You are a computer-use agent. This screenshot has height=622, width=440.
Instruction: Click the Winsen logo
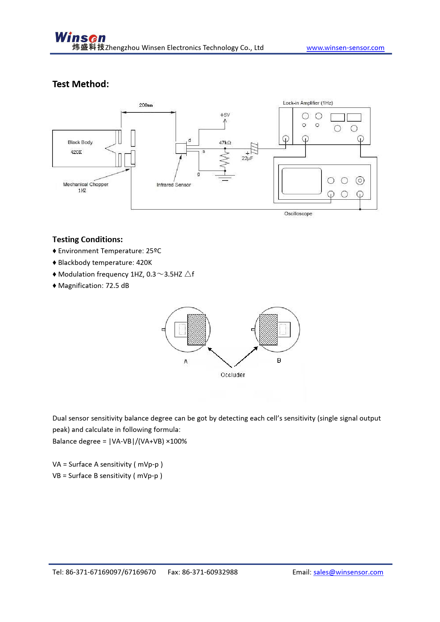(80, 38)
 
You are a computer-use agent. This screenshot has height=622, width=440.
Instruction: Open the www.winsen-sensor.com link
(345, 48)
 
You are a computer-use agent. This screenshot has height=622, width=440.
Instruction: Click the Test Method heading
(81, 84)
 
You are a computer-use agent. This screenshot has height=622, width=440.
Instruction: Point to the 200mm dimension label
(146, 105)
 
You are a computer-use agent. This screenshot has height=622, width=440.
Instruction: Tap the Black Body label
(80, 143)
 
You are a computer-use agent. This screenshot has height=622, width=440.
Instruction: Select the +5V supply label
(225, 115)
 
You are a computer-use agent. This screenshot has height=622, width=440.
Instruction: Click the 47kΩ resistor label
(225, 143)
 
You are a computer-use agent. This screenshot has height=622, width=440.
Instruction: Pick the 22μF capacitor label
(247, 158)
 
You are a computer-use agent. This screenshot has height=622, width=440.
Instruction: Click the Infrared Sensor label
(174, 185)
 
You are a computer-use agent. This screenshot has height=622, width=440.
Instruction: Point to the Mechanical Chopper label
(86, 184)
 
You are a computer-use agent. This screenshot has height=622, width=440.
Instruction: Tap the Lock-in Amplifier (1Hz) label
(308, 103)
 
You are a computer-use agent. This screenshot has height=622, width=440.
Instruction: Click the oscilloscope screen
(302, 181)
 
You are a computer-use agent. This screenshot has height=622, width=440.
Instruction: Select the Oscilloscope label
(298, 214)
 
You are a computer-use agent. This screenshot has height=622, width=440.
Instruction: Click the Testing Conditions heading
(88, 239)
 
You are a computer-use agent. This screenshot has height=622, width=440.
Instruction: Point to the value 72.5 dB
(117, 286)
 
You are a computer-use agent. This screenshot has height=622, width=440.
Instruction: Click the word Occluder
(233, 375)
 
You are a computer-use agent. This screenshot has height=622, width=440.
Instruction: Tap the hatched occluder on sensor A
(197, 329)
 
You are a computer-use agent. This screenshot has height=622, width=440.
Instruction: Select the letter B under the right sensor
(279, 361)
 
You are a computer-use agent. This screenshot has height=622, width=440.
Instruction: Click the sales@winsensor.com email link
(348, 572)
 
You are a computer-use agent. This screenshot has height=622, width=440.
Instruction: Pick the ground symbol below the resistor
(225, 178)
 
